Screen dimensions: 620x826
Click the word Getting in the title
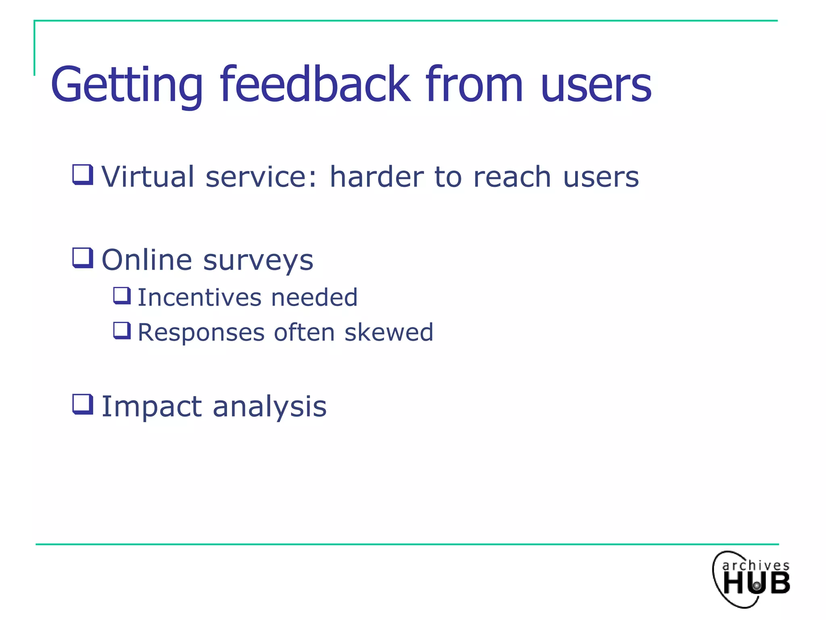point(126,85)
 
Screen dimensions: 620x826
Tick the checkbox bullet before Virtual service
point(83,174)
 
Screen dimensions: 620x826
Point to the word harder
point(376,177)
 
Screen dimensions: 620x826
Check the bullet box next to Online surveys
point(83,258)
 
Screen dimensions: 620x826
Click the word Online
point(146,260)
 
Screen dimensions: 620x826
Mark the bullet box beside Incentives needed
point(122,295)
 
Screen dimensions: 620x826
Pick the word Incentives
point(200,297)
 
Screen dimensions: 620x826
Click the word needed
point(314,297)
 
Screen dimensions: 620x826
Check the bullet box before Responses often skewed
point(122,331)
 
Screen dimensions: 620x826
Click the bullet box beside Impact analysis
point(83,404)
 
